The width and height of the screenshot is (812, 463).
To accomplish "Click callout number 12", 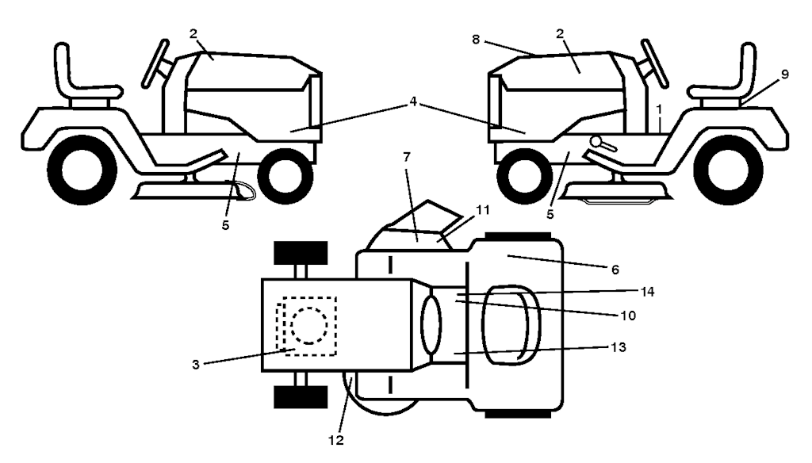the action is pos(336,440).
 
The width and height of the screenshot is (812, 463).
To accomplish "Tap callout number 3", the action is pos(196,365).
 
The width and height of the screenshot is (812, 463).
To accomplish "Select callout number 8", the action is pos(476,40).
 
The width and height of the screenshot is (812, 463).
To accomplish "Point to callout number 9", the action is pos(785,75).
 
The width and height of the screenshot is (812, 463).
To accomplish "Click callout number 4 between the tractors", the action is pos(412,102).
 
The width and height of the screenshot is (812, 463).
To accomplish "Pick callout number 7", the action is pos(407,156).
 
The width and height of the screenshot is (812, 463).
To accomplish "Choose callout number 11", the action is pos(483,210).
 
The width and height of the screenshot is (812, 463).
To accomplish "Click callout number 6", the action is pos(615,270).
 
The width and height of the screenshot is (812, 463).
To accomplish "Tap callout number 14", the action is pos(647,292).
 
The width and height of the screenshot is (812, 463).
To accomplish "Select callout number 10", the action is pos(628,316).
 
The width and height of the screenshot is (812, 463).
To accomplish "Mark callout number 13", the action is pos(619,347).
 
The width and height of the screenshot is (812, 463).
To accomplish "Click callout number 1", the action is pos(659,109).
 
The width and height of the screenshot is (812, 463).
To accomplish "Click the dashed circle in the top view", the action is pos(309,326).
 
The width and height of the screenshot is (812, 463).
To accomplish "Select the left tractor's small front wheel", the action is pos(285,176).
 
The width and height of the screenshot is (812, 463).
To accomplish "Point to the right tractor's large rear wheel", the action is pos(728,170).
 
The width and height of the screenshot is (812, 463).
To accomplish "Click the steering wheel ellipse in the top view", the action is pos(431,325).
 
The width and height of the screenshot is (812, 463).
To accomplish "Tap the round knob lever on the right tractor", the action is pos(603,143).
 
